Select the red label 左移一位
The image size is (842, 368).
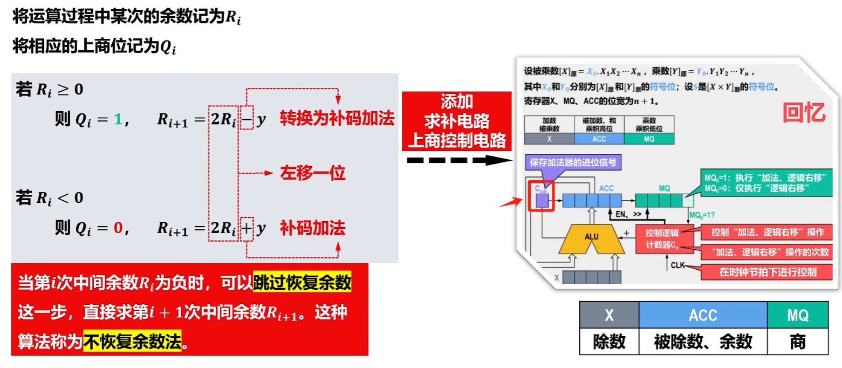click(x=312, y=173)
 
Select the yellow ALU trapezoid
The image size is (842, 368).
click(x=591, y=237)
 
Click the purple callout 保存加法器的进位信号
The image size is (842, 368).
click(x=573, y=161)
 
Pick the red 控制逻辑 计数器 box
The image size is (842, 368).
click(x=663, y=238)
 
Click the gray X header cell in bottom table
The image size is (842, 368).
click(x=609, y=316)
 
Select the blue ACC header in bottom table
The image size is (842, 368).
click(x=702, y=316)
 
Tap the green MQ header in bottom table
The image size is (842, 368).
click(x=797, y=316)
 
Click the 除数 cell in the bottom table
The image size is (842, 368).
click(x=609, y=342)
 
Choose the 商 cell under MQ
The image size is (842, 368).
click(x=797, y=342)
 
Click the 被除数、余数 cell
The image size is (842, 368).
click(x=702, y=342)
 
